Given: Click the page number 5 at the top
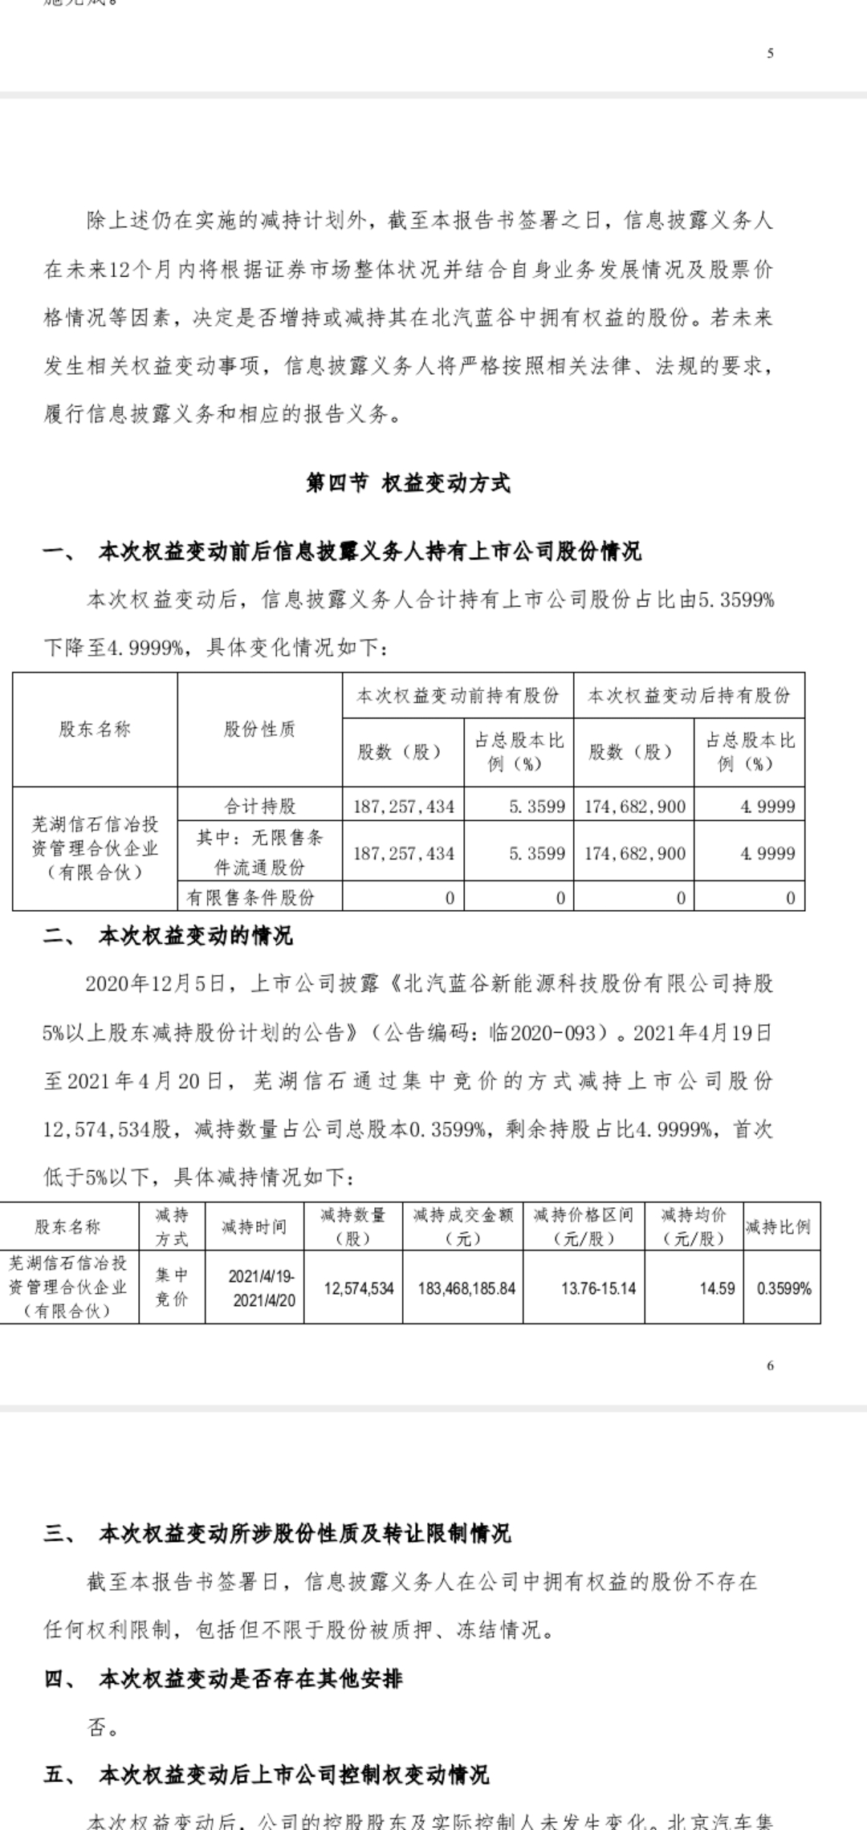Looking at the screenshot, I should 770,54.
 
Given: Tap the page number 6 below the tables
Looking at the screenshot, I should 770,1365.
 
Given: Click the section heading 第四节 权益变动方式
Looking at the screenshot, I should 408,483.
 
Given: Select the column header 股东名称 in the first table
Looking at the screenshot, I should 95,730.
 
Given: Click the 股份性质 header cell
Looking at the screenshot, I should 259,730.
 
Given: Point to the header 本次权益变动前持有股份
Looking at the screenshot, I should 458,696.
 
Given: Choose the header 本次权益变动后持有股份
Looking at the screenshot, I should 689,696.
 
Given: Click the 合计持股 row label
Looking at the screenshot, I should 259,806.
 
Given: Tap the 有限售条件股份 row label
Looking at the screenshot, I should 250,897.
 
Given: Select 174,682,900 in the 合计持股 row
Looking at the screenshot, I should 635,807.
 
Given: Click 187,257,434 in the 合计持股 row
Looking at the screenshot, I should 404,807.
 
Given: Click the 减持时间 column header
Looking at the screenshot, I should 254,1227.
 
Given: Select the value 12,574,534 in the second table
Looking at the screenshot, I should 359,1288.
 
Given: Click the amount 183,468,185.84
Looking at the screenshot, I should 466,1288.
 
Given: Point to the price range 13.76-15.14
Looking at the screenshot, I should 598,1288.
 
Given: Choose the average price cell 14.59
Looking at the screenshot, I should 717,1288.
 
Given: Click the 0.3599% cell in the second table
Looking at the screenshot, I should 784,1288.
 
